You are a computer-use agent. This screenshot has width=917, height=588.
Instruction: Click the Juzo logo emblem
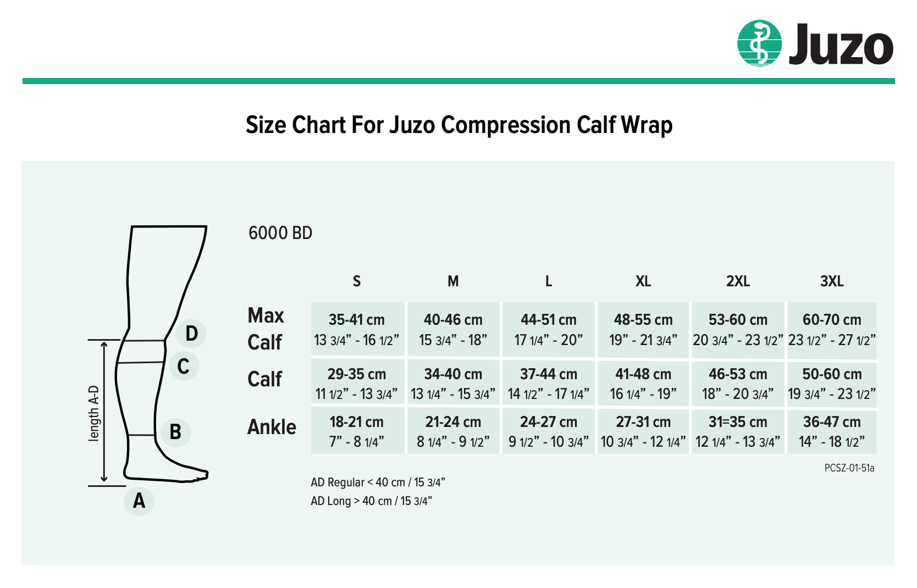[759, 43]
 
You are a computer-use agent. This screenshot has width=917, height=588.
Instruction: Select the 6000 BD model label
[280, 233]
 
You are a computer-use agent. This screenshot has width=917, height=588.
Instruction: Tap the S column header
[357, 281]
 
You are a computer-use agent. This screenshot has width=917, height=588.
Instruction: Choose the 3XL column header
[832, 281]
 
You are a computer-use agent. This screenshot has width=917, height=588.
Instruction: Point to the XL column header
[643, 281]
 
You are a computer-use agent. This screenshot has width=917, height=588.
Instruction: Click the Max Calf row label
[266, 329]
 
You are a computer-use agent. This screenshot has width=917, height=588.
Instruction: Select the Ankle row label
[272, 427]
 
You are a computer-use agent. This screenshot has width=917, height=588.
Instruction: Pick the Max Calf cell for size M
[453, 329]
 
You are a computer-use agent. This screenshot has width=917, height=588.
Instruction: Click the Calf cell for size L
[549, 384]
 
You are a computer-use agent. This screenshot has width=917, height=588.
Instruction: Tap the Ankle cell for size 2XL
[738, 431]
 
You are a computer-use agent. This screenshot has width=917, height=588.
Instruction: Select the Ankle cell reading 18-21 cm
[357, 431]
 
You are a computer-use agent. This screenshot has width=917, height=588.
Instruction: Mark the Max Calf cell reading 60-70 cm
[832, 329]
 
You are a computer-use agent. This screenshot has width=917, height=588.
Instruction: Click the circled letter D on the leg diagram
[191, 334]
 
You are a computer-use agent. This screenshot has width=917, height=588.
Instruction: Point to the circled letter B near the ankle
[175, 432]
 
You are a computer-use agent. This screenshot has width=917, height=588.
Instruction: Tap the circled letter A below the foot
[139, 501]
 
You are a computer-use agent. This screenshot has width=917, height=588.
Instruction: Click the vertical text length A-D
[94, 413]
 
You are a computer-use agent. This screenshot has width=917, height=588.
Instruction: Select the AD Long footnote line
[371, 501]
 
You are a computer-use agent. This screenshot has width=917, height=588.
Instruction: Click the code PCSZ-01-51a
[849, 468]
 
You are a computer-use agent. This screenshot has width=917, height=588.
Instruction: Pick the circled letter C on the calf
[184, 366]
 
